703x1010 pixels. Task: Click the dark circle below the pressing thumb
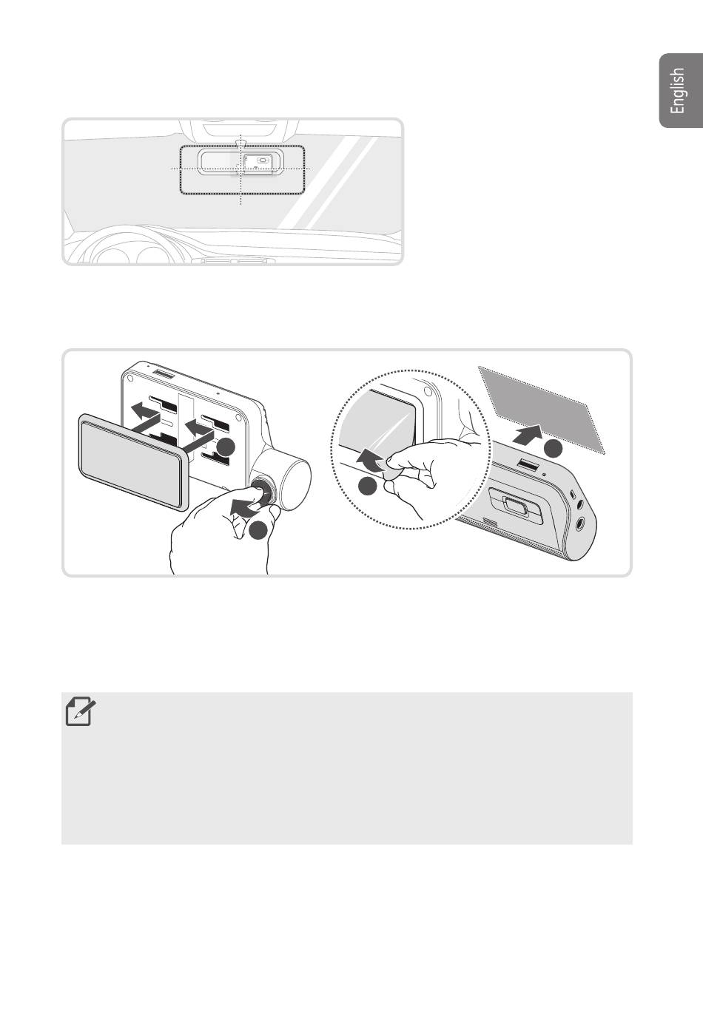(x=258, y=530)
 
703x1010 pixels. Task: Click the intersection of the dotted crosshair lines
(x=241, y=168)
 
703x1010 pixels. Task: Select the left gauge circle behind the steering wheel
(x=111, y=257)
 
